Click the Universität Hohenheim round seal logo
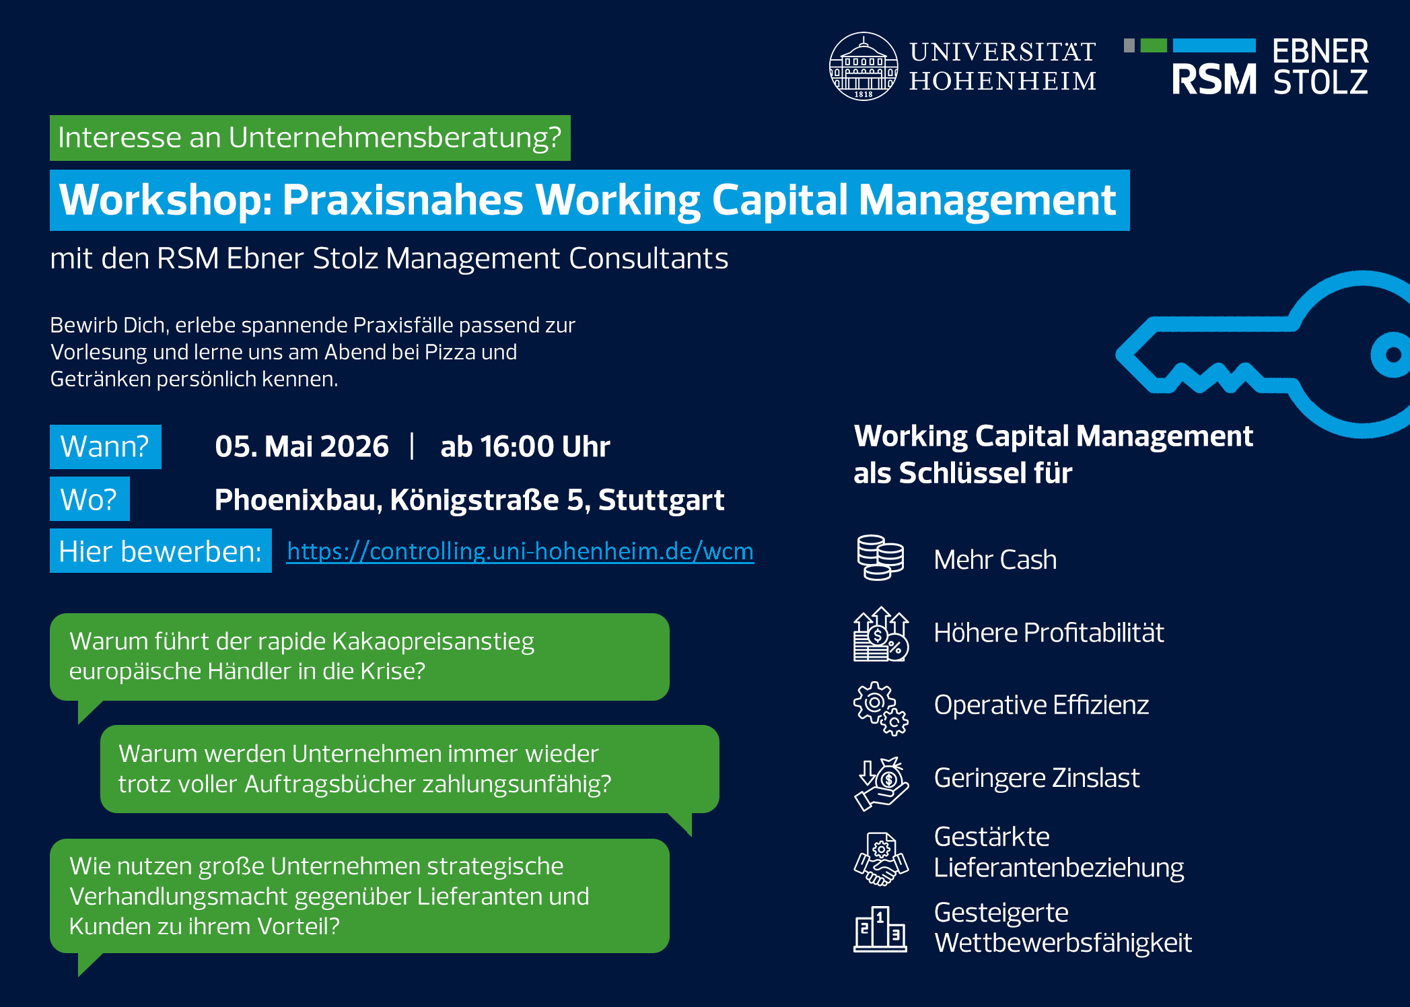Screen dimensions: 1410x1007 (x=863, y=66)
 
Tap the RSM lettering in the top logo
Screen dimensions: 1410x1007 (x=1214, y=79)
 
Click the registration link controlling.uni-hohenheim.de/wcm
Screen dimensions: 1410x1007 (x=520, y=551)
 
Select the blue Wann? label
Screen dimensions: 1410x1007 (x=106, y=446)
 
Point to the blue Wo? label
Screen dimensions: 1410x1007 (x=90, y=499)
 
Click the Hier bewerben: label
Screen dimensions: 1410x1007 (x=161, y=551)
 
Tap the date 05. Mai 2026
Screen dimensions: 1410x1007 (x=302, y=446)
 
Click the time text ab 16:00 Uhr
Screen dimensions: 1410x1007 (x=525, y=446)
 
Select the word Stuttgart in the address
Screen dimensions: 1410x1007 (x=661, y=499)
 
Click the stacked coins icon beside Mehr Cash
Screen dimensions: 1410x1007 (x=880, y=557)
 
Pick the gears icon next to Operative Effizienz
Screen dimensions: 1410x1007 (x=880, y=708)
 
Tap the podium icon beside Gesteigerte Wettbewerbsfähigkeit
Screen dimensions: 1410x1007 (x=880, y=929)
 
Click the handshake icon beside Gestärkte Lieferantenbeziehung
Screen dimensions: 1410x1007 (x=881, y=860)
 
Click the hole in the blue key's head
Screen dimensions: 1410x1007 (x=1390, y=355)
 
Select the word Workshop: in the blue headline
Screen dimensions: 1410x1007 (x=166, y=200)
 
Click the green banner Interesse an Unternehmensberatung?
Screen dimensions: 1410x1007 (x=310, y=138)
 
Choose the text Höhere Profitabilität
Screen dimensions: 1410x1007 (x=1049, y=633)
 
